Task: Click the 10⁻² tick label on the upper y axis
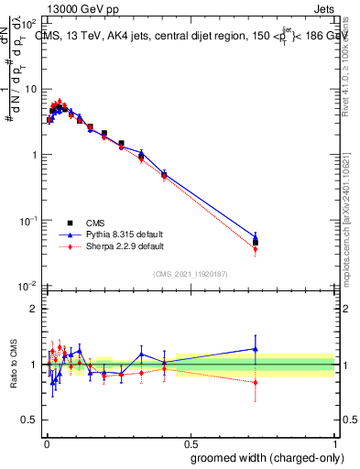tap(28, 286)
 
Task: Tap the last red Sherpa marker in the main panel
tap(256, 249)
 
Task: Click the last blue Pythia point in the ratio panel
tap(256, 348)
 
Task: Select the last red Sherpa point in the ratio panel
tap(256, 382)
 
